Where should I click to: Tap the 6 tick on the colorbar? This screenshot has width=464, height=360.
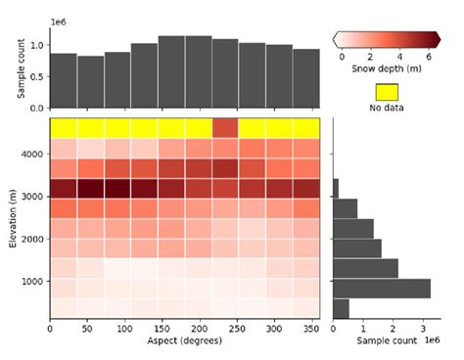429,57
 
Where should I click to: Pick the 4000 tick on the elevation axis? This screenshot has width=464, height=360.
30,154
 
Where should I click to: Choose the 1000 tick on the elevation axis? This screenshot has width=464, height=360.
30,282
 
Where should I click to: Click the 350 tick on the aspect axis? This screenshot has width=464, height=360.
312,328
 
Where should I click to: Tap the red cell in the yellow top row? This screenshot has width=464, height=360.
225,127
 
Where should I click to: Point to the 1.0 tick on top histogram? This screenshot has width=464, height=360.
35,45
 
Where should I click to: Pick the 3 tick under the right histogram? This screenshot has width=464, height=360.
423,328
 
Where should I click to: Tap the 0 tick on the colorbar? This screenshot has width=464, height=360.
342,57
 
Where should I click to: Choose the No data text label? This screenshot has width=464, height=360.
389,108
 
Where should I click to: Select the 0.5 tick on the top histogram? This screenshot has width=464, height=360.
35,76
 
